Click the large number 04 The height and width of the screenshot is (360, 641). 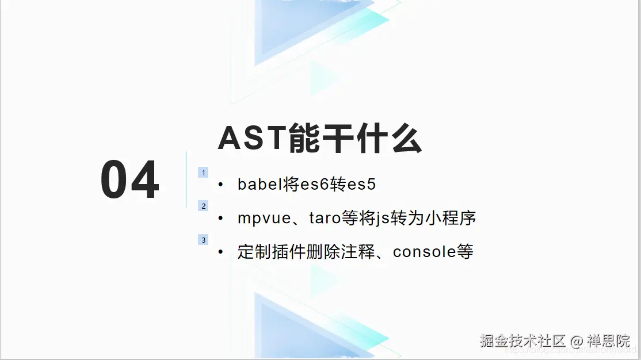(x=129, y=180)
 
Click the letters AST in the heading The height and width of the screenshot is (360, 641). (x=252, y=139)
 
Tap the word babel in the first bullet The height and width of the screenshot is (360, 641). (x=260, y=185)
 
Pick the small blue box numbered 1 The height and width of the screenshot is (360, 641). (x=203, y=173)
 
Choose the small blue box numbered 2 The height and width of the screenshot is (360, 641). (x=203, y=206)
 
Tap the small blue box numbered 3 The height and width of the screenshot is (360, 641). (x=203, y=240)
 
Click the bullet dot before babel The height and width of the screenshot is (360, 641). (x=220, y=185)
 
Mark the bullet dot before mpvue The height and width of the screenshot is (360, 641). (x=220, y=219)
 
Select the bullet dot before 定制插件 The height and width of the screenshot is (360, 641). (x=220, y=252)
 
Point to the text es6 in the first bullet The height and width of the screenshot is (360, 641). (x=314, y=185)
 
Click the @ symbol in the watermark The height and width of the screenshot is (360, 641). (x=577, y=340)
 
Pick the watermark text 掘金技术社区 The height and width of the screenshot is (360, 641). (x=524, y=340)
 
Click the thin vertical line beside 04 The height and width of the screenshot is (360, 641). (x=186, y=179)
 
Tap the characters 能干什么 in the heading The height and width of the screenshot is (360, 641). (x=354, y=139)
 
